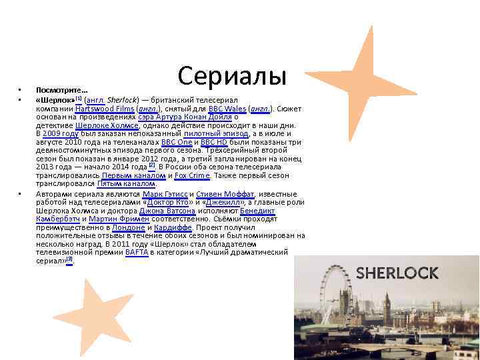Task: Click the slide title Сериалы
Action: point(232,75)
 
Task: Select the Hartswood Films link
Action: point(105,108)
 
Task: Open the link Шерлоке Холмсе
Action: point(107,125)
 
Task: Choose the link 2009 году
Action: point(61,133)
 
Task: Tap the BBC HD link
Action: point(214,142)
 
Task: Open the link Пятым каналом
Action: point(127,184)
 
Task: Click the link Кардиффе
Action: point(177,227)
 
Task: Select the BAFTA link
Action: point(136,253)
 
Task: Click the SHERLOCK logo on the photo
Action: point(397,273)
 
